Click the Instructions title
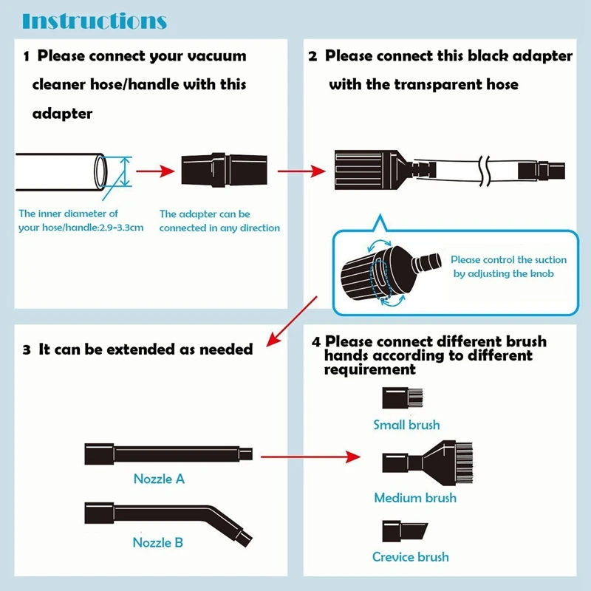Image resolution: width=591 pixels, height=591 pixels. pyautogui.click(x=95, y=20)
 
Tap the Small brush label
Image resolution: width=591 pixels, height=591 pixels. pyautogui.click(x=406, y=425)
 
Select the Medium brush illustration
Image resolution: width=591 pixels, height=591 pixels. pyautogui.click(x=417, y=462)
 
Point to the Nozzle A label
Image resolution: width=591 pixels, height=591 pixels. pyautogui.click(x=159, y=479)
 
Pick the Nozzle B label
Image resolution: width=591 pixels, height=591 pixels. pyautogui.click(x=158, y=543)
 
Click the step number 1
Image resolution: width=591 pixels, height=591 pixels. pyautogui.click(x=27, y=56)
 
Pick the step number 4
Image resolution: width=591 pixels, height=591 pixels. pyautogui.click(x=316, y=342)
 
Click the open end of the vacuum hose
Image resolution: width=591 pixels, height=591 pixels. pyautogui.click(x=100, y=171)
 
